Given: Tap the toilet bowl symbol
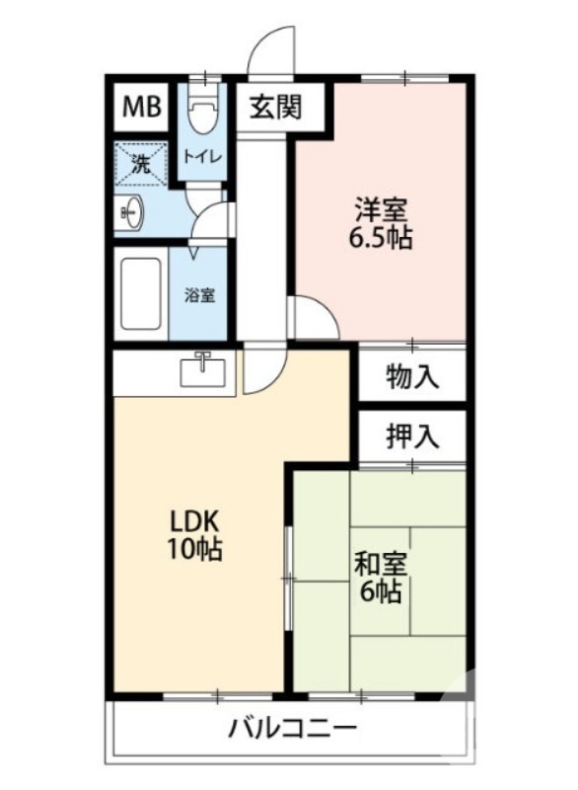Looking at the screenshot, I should tap(203, 118).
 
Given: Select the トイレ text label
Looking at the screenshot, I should tap(202, 156).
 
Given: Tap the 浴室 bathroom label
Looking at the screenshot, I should tap(201, 294).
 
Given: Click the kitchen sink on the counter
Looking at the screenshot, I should tap(203, 371).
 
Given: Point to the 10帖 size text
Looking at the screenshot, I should tap(192, 549).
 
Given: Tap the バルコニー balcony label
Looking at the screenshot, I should tap(292, 731).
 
